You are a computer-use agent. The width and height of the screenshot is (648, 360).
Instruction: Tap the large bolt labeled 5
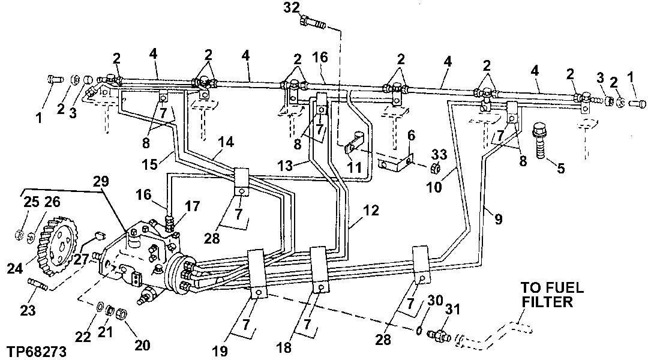(x=539, y=138)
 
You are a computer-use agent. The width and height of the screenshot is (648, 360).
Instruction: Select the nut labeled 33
(x=436, y=167)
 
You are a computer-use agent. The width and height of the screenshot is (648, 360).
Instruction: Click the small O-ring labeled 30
(x=420, y=328)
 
